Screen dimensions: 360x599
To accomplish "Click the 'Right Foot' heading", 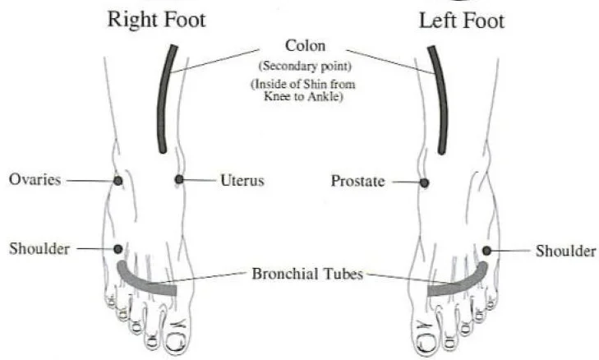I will [156, 19].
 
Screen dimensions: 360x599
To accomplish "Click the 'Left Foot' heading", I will [462, 19].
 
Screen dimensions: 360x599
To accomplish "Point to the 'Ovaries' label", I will [35, 179].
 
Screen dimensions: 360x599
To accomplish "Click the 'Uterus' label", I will [242, 179].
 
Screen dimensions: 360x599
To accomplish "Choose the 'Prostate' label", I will [357, 181].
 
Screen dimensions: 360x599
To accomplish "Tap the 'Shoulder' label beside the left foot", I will [565, 250].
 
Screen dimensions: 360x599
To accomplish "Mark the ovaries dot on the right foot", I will [117, 180].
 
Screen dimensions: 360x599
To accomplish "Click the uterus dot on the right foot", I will [178, 179].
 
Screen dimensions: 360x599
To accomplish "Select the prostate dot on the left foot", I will [424, 182].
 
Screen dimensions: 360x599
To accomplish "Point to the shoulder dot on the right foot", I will [118, 248].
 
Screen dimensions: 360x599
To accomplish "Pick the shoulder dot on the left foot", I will [486, 250].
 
